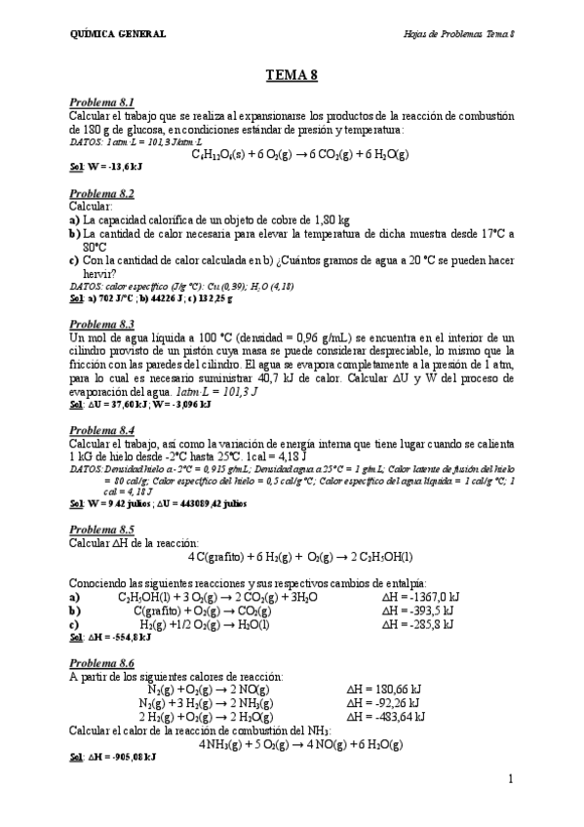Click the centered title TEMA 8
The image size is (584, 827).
(292, 74)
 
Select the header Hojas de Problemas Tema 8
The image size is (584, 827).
(458, 35)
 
